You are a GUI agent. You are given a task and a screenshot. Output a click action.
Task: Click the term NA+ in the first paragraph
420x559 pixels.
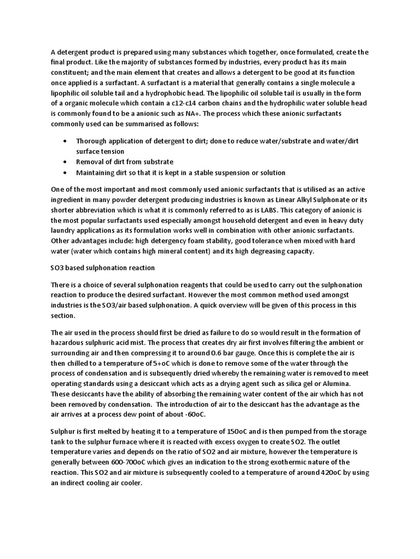tap(192, 113)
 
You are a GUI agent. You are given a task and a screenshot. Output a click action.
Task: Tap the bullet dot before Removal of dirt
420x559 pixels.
tap(64, 162)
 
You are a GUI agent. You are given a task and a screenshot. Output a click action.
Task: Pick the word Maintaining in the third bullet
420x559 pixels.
tap(95, 173)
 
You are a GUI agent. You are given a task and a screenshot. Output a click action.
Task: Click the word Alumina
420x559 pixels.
tap(349, 384)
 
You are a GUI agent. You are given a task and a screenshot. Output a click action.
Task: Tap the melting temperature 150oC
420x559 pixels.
tap(224, 430)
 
